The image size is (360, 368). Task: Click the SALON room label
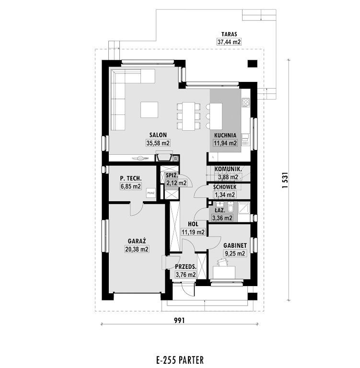tap(158, 135)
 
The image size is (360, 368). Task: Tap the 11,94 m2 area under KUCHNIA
tap(225, 143)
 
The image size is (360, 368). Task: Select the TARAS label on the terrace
tap(229, 34)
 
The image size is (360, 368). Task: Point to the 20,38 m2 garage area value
tap(137, 249)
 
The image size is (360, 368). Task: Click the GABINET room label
tap(235, 246)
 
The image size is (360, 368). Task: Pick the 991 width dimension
tap(179, 321)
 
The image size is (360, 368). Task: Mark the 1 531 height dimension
tap(285, 180)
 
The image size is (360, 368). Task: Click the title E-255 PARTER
tap(180, 359)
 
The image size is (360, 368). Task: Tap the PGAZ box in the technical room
tap(151, 193)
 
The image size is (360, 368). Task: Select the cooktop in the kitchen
tap(246, 103)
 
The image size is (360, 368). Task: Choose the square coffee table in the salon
tap(149, 110)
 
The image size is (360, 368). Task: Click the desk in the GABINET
tap(224, 272)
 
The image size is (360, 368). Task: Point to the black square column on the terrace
tap(253, 64)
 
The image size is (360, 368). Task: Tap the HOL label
tap(193, 224)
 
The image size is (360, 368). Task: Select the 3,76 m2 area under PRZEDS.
tap(186, 275)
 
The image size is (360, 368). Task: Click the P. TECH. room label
tap(131, 179)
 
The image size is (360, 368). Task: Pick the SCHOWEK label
tap(225, 187)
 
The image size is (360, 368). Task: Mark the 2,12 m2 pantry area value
tap(176, 183)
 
